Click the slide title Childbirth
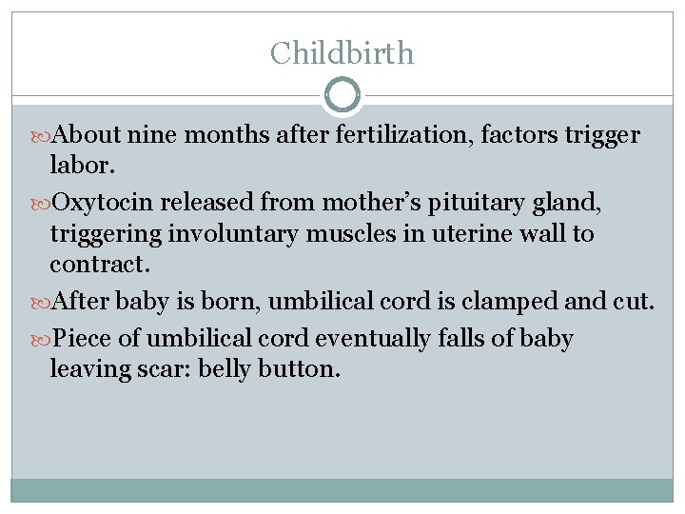[x=342, y=52]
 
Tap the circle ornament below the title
[x=342, y=95]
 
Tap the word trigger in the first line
[x=604, y=135]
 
